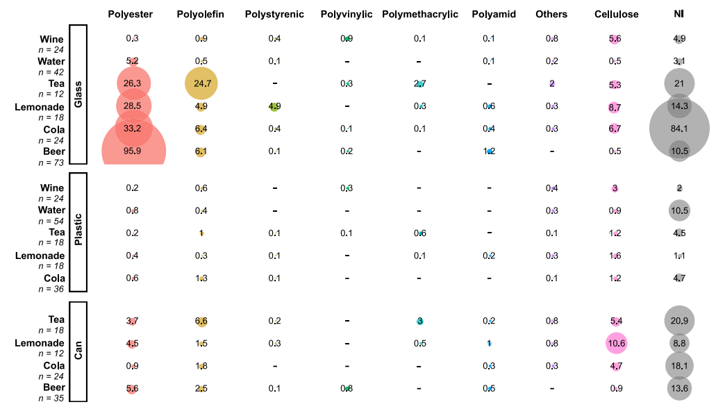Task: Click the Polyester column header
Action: [x=130, y=15]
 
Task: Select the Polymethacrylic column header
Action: [x=419, y=15]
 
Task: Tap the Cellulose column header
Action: [x=616, y=15]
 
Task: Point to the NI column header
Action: [x=678, y=15]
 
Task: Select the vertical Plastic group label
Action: [x=78, y=232]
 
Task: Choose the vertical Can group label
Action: [x=78, y=351]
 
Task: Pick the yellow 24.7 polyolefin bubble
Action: [x=201, y=84]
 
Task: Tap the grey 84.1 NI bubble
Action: [x=678, y=128]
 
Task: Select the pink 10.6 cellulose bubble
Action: [x=616, y=343]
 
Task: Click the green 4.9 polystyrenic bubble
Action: [x=274, y=107]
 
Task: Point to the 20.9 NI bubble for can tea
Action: [x=678, y=321]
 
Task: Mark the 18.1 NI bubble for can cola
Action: [x=678, y=365]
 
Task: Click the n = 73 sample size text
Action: [x=51, y=162]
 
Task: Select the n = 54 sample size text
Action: [x=51, y=220]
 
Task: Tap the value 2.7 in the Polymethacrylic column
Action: [x=419, y=84]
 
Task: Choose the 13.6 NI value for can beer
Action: [x=678, y=388]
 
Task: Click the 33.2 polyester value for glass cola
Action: [x=133, y=128]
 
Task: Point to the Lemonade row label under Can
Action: [x=40, y=343]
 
